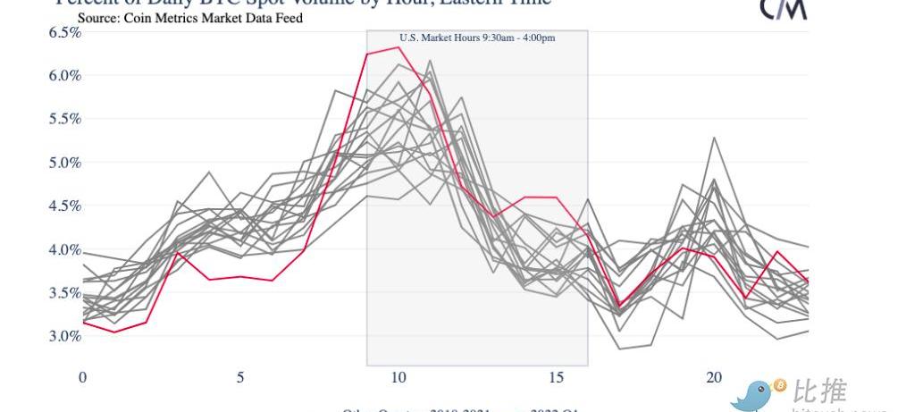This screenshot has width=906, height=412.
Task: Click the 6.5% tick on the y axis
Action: [64, 32]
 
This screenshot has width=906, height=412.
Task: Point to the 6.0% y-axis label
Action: [64, 76]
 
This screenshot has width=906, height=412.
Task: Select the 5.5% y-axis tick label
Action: [64, 119]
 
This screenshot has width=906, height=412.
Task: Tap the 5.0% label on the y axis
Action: [64, 163]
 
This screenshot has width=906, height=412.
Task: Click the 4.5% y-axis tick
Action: [64, 206]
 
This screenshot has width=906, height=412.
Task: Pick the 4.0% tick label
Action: [64, 249]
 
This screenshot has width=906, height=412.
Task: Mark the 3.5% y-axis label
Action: [64, 292]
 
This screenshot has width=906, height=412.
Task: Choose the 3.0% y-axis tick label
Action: [64, 336]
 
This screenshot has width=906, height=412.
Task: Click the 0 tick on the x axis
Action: [83, 377]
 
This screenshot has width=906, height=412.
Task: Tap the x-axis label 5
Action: [240, 377]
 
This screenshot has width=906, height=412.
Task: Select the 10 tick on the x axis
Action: [398, 377]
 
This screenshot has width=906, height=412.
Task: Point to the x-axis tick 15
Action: [556, 377]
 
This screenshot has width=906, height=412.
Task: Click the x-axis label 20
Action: [713, 377]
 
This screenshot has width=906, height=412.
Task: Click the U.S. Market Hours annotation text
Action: [477, 38]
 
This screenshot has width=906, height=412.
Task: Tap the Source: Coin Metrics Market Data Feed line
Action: [189, 17]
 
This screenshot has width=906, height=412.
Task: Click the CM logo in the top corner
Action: [784, 8]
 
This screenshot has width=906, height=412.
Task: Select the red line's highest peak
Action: [398, 47]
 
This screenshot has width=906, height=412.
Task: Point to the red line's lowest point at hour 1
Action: [114, 332]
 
